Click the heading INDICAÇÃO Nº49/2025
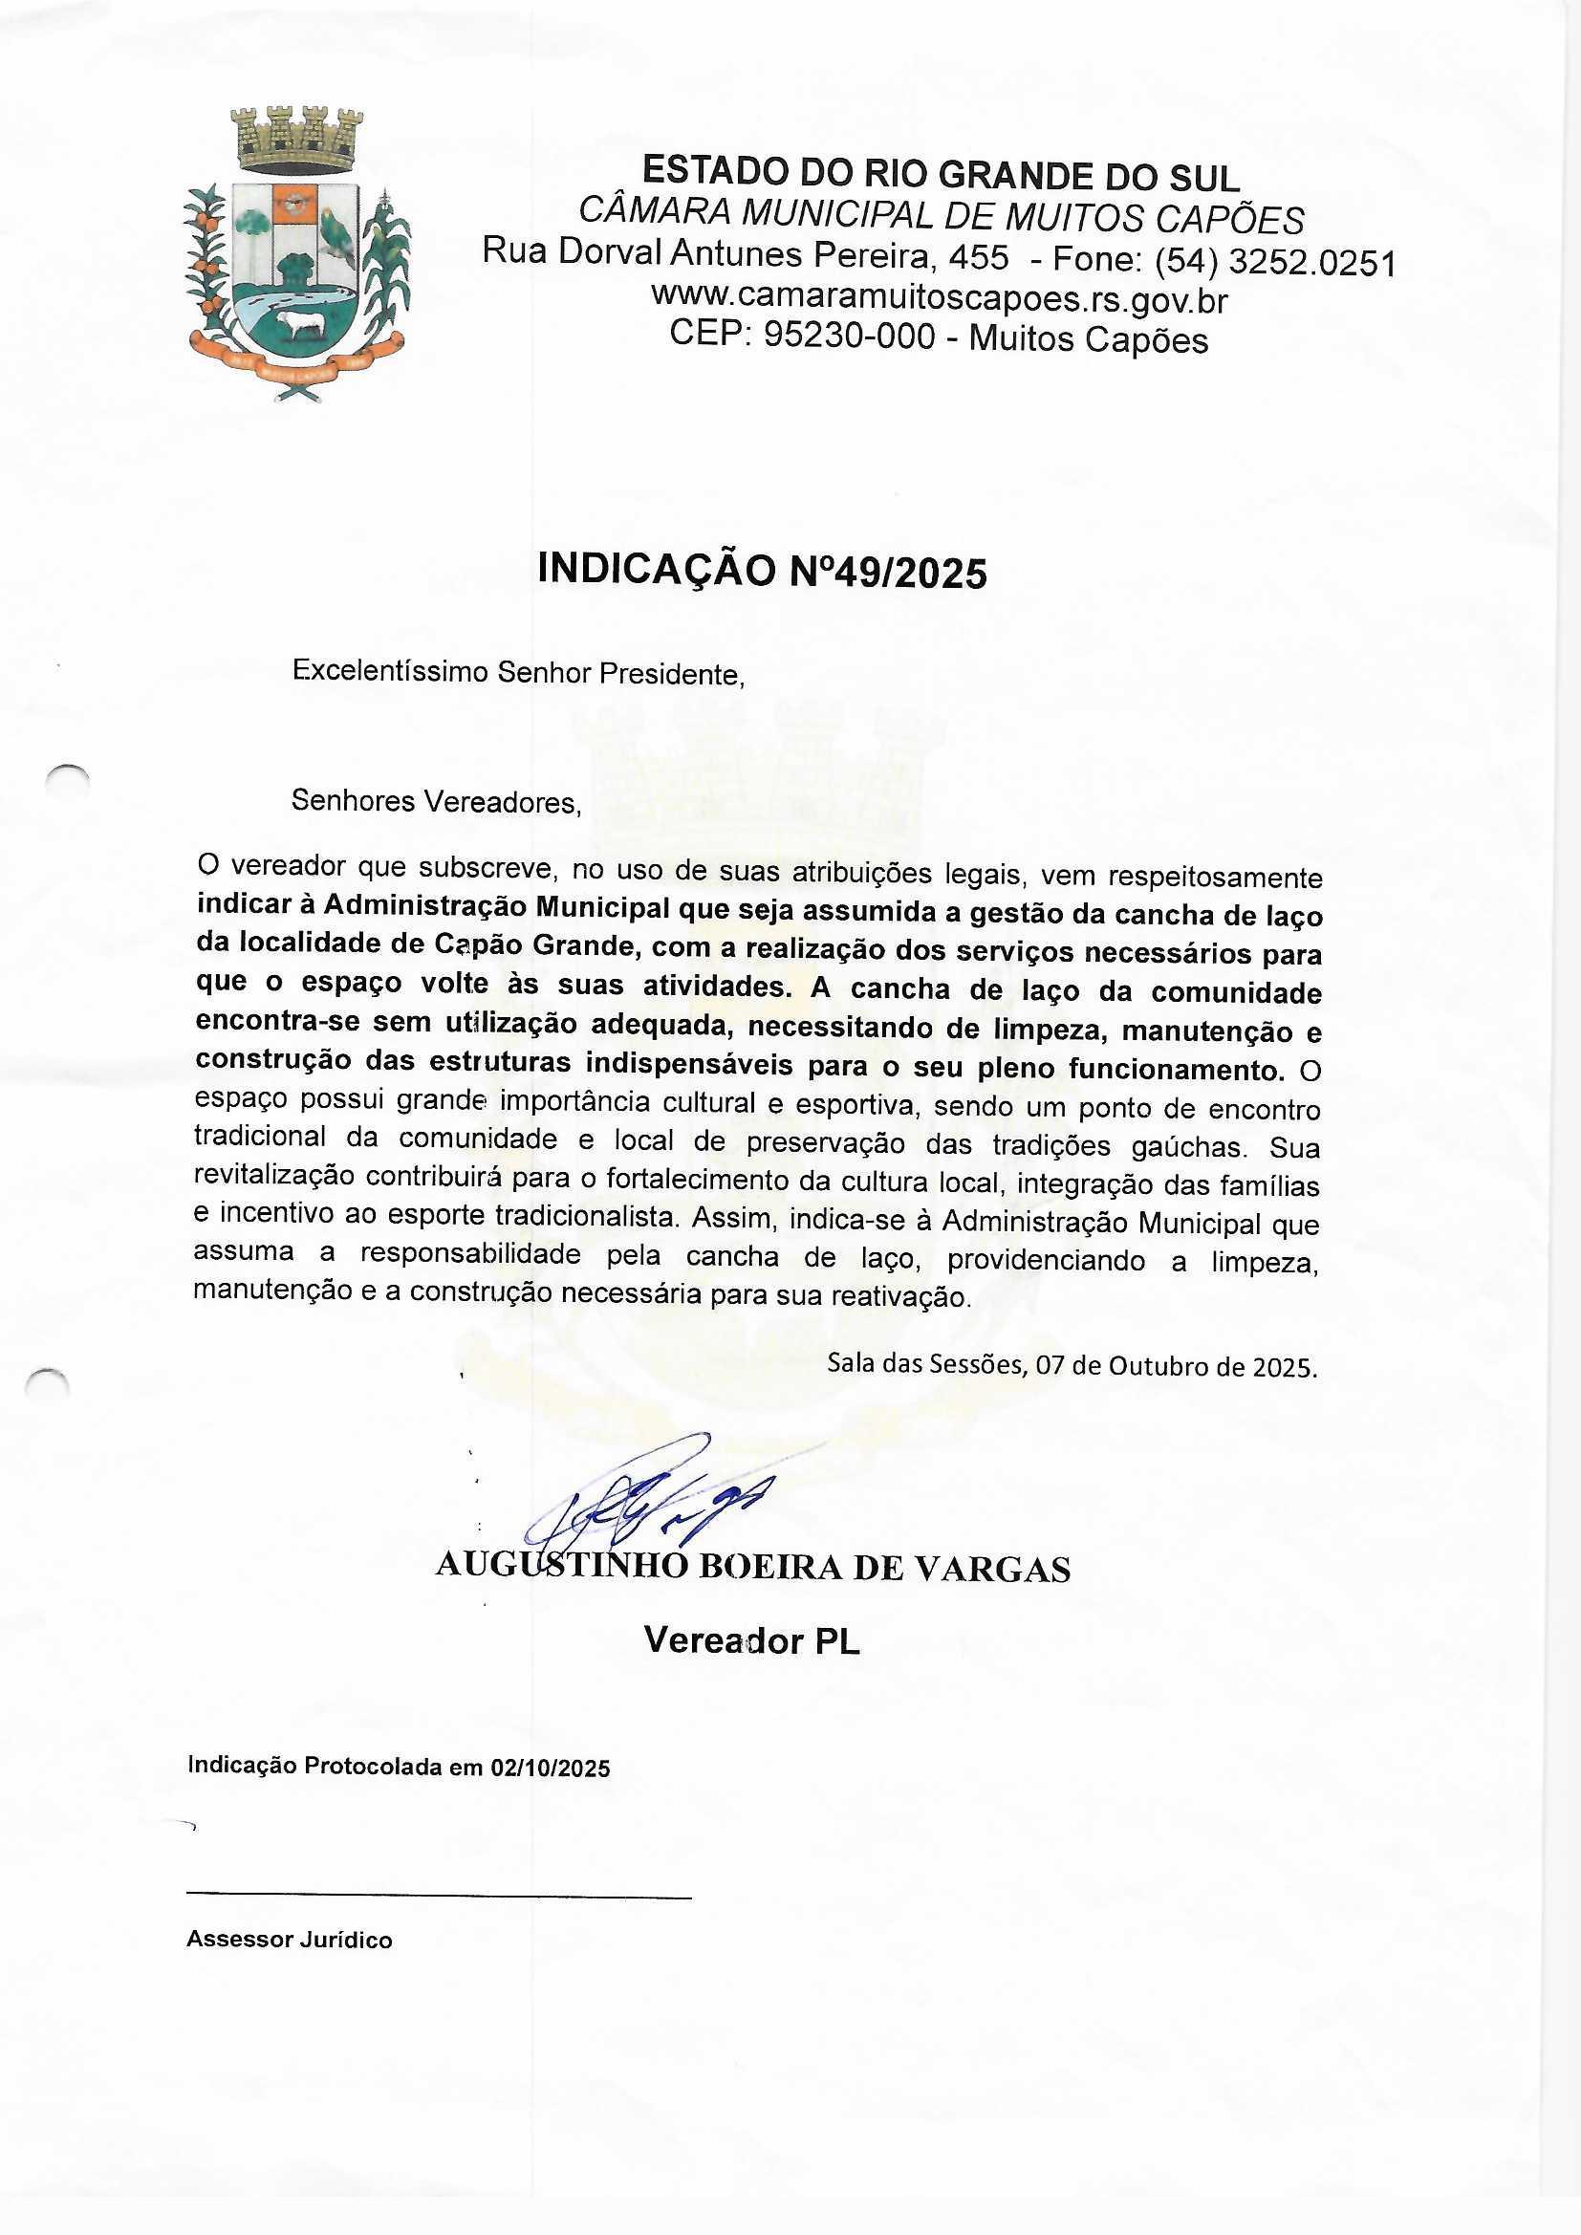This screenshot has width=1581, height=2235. tap(762, 572)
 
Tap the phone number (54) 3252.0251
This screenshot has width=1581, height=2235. tap(1275, 263)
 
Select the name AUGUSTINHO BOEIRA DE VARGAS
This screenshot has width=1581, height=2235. tap(752, 1568)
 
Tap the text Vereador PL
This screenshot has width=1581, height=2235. tap(751, 1641)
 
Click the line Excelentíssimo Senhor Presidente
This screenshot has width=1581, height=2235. tap(518, 673)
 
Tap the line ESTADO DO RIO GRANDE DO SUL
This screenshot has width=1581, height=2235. tap(941, 175)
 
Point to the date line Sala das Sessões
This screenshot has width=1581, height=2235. tap(1072, 1365)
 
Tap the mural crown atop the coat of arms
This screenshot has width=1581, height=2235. tap(296, 137)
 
